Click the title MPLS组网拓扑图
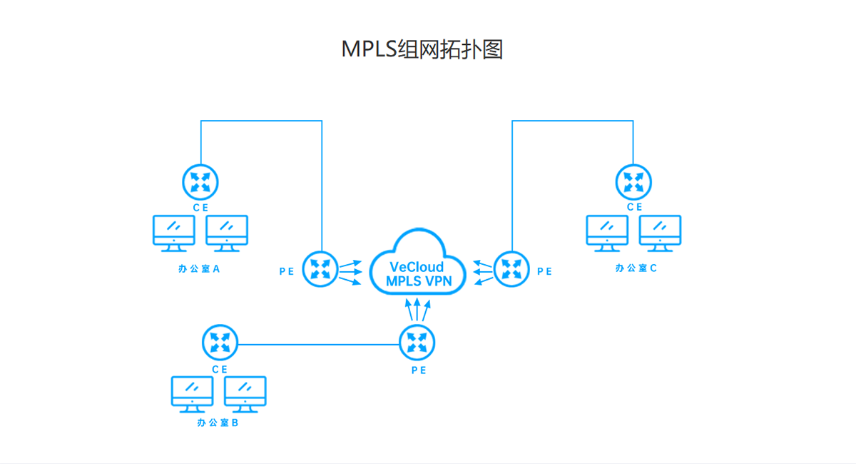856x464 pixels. click(422, 49)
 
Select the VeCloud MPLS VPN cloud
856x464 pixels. click(418, 263)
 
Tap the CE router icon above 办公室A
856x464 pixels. click(200, 181)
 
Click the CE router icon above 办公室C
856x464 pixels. click(633, 181)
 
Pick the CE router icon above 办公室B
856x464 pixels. click(220, 342)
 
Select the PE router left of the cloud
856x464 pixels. click(320, 269)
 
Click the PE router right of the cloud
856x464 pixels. click(511, 269)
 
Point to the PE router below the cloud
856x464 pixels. click(417, 342)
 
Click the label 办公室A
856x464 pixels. click(199, 269)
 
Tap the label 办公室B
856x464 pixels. click(218, 423)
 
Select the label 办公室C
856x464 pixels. click(636, 268)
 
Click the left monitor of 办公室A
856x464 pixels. click(174, 233)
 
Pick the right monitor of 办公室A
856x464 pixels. click(227, 233)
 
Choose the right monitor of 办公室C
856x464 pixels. click(660, 233)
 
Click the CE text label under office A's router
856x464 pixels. click(200, 207)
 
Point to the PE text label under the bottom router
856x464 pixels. click(418, 370)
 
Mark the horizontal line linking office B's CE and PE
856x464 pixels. click(318, 346)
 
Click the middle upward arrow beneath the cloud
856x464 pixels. click(418, 309)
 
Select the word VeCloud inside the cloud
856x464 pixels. click(417, 267)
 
